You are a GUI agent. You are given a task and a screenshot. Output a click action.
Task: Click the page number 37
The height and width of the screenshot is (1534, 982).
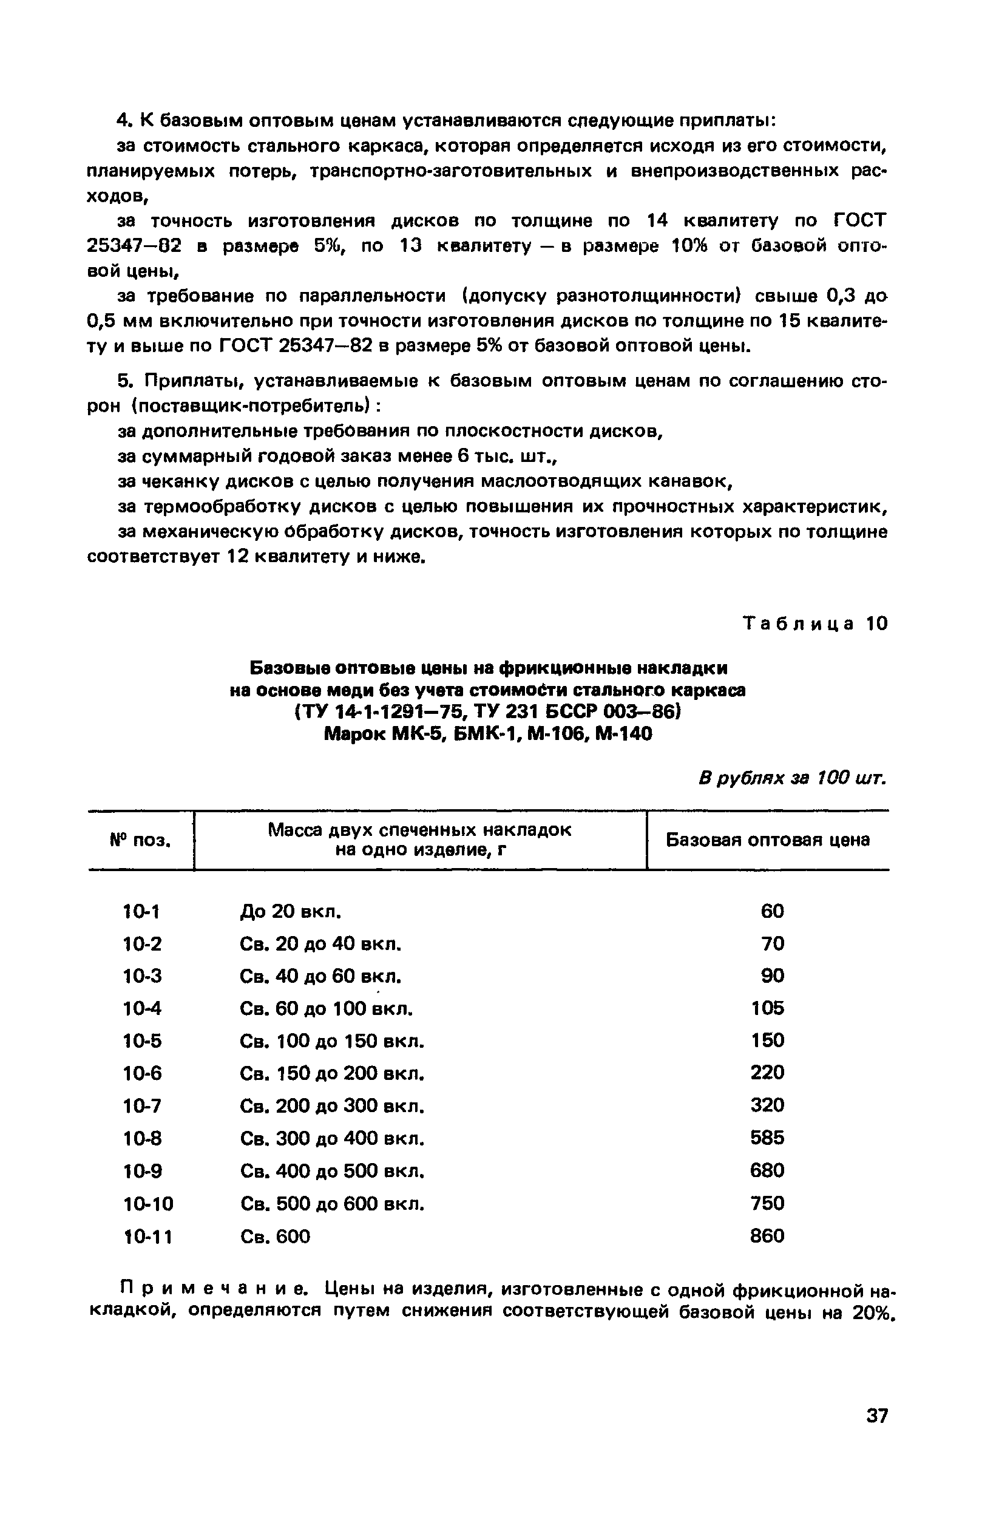(x=877, y=1416)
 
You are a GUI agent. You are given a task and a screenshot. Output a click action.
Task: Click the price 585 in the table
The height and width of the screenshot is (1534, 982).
(x=767, y=1138)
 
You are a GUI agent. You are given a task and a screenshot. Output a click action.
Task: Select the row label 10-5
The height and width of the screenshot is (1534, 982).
(x=142, y=1041)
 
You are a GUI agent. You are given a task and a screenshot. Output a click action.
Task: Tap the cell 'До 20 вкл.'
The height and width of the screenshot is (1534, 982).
(x=290, y=911)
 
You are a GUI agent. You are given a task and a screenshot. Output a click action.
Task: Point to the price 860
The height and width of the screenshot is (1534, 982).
(x=767, y=1236)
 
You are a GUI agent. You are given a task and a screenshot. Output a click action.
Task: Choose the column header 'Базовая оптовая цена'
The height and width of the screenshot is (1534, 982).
(x=768, y=840)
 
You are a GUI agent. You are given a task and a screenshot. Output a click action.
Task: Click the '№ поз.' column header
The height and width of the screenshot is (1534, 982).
(x=141, y=840)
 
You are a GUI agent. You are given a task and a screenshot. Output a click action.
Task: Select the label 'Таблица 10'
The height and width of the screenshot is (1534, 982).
(x=816, y=623)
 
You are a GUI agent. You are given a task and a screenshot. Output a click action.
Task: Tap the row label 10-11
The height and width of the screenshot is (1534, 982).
(x=147, y=1237)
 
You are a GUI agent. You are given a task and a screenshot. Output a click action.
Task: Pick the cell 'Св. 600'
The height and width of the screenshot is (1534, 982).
(x=275, y=1237)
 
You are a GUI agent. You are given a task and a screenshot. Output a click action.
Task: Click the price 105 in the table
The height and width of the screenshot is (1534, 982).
(x=767, y=1008)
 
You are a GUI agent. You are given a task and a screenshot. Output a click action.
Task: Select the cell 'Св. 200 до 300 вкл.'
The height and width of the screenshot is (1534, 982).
(x=332, y=1105)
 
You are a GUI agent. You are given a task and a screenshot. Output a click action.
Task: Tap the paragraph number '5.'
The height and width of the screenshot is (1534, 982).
(x=124, y=381)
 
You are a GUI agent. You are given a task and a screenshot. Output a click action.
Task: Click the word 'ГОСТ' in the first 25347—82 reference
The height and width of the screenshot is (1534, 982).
(x=860, y=221)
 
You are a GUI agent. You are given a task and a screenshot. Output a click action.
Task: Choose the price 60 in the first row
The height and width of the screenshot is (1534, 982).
(x=772, y=911)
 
